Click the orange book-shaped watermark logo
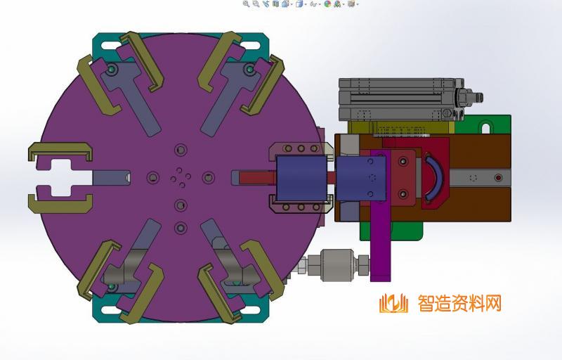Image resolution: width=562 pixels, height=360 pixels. pyautogui.click(x=393, y=304)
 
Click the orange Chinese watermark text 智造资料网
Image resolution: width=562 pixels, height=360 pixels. pyautogui.click(x=459, y=304)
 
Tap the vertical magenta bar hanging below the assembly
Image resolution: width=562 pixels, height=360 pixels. pyautogui.click(x=379, y=243)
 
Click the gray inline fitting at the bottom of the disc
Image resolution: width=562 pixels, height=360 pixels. pyautogui.click(x=335, y=265)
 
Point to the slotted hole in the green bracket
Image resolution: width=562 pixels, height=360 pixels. pyautogui.click(x=485, y=128)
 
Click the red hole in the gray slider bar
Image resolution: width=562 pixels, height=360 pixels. pyautogui.click(x=498, y=178)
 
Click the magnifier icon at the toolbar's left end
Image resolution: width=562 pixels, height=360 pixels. pyautogui.click(x=246, y=4)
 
